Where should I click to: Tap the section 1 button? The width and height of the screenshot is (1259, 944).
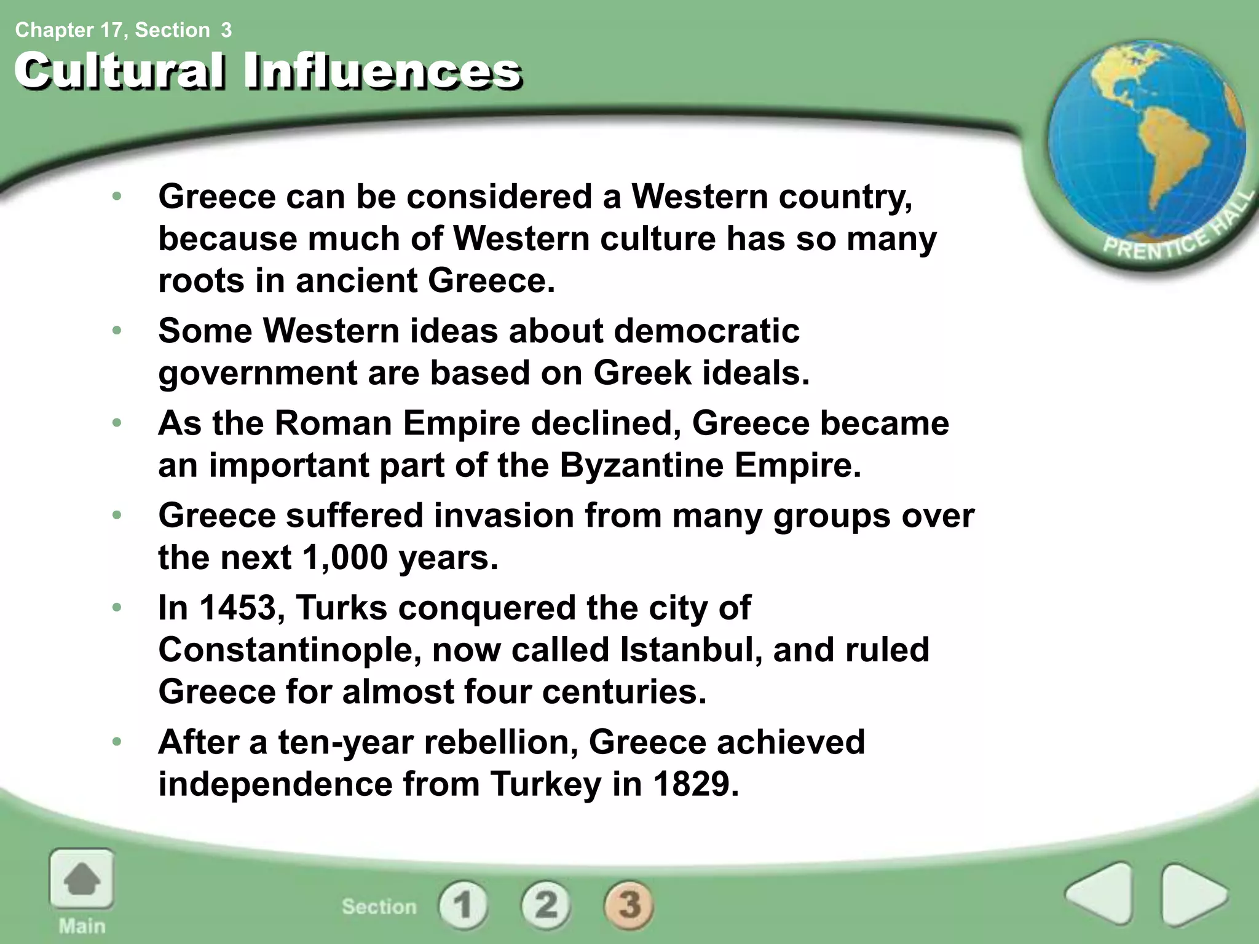pyautogui.click(x=463, y=905)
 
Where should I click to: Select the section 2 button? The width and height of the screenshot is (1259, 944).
pyautogui.click(x=546, y=905)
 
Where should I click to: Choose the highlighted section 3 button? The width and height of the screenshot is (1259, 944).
pyautogui.click(x=629, y=905)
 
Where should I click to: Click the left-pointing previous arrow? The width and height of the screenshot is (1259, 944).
pyautogui.click(x=1100, y=894)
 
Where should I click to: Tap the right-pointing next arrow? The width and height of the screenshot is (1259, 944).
pyautogui.click(x=1193, y=894)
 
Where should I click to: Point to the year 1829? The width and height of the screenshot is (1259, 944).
pyautogui.click(x=693, y=784)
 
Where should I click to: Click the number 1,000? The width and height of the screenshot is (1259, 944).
pyautogui.click(x=345, y=558)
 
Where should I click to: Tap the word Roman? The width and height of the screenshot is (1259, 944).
pyautogui.click(x=333, y=423)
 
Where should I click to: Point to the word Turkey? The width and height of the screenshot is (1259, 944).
pyautogui.click(x=545, y=784)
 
